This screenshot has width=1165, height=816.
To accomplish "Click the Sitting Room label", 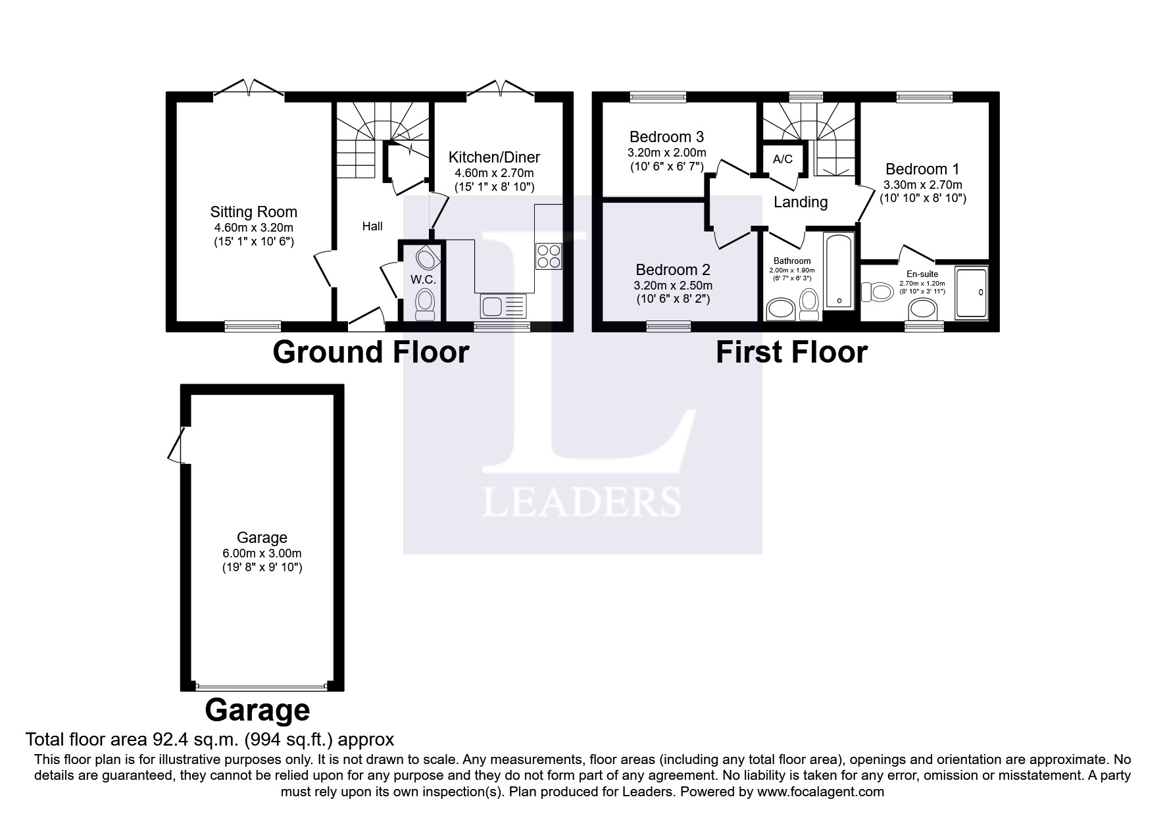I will point(253,212).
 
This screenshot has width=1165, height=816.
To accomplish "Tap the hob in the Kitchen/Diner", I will point(548,256).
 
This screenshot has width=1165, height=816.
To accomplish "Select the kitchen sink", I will point(504,305).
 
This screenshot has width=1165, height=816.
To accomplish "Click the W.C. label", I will point(423,280).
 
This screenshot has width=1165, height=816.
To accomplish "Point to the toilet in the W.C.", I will point(425,305).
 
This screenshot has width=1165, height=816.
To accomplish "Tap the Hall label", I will point(372,226).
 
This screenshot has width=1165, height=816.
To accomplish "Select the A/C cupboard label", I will point(783,159).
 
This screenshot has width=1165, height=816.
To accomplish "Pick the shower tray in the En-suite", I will point(971,293).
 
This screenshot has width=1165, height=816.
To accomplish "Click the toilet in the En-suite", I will point(878,291).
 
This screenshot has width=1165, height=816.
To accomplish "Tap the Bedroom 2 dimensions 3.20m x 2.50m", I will point(673,286).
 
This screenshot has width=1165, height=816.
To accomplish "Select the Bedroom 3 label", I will point(666,137).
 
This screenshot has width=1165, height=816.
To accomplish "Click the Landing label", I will point(800,202).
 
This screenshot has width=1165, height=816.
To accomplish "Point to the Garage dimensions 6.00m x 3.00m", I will point(262,553).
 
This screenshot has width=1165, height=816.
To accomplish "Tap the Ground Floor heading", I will point(370,352).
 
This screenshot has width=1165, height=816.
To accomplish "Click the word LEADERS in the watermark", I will point(582,502).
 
